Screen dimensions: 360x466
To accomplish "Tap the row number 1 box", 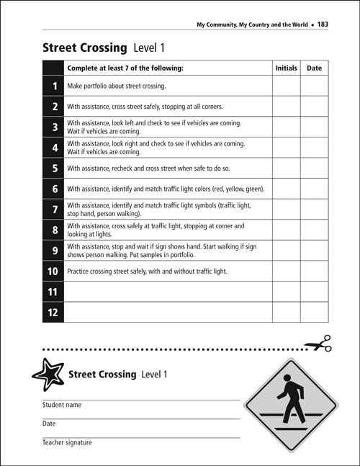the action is point(54,86).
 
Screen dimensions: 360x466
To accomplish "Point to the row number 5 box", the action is point(54,169).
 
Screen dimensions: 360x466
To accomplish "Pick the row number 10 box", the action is point(54,272).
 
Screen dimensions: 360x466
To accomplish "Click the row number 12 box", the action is point(54,312).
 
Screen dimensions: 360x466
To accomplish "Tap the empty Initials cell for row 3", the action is point(286,127).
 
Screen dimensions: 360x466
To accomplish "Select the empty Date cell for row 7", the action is point(314,210).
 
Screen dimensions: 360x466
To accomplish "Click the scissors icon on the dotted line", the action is point(317,344).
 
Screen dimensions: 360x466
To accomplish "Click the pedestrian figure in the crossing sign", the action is point(289,400).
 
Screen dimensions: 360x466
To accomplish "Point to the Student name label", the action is point(62,405).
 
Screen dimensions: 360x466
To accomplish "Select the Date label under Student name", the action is point(49,424).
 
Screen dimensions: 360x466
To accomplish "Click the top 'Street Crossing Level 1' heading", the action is point(104,48).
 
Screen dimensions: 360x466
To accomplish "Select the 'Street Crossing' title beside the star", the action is point(102,375).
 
